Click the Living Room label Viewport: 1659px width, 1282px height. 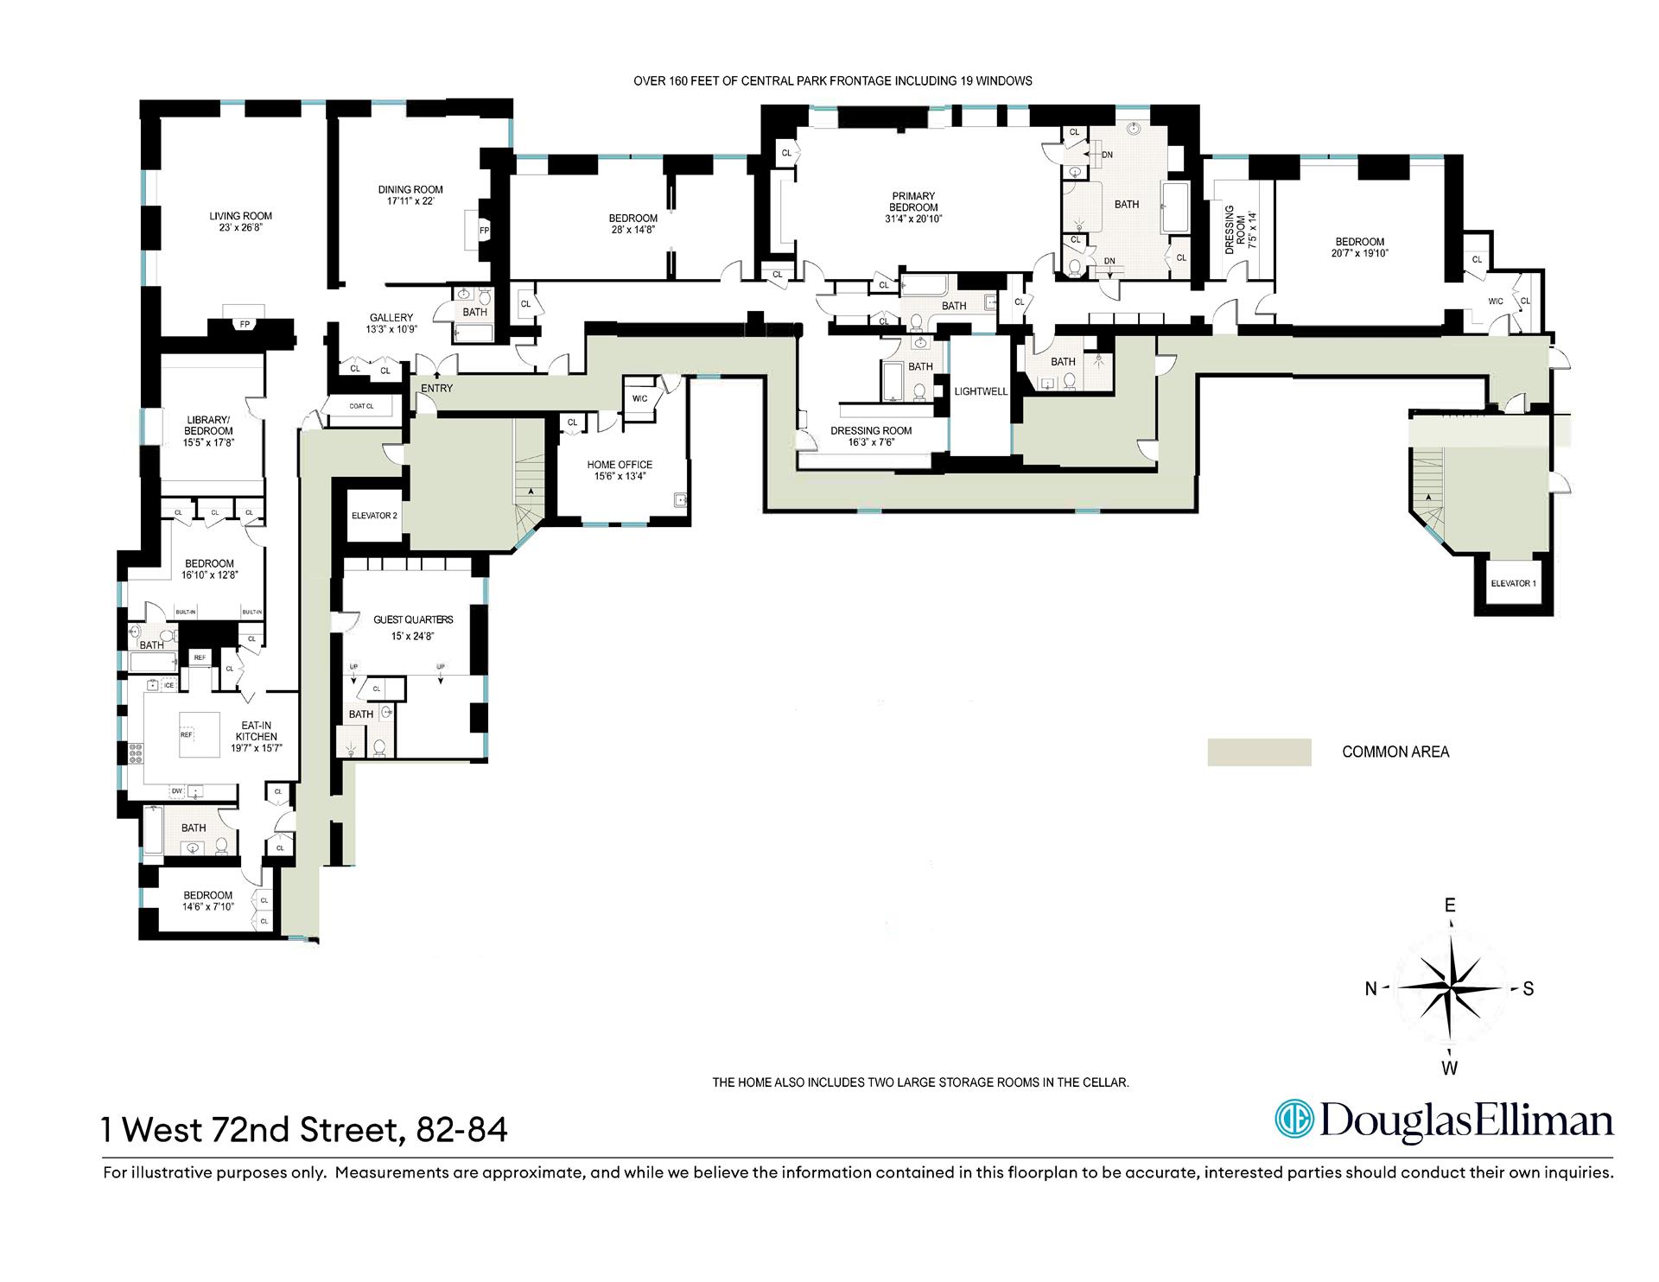tap(240, 217)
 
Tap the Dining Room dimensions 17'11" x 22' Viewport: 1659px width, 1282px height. tap(410, 201)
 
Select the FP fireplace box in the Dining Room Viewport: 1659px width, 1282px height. tap(484, 231)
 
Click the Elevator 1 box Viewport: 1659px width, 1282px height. tap(1513, 584)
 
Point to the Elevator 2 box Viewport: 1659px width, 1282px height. tap(374, 516)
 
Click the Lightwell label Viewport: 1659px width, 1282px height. tap(981, 391)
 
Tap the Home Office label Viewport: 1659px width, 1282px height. tap(620, 465)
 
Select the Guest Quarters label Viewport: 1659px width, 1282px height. tap(413, 619)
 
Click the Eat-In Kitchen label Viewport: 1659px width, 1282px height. tap(257, 731)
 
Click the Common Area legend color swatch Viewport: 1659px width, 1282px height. tap(1259, 752)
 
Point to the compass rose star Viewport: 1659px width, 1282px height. tap(1450, 988)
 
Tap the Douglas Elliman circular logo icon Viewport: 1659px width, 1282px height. tap(1294, 1121)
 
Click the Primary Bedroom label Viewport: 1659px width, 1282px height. tap(913, 202)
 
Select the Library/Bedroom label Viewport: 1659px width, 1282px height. tap(208, 426)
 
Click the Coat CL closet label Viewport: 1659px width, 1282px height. tap(362, 406)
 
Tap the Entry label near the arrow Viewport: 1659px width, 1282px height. tap(436, 388)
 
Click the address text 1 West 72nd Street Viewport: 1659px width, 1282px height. tap(251, 1129)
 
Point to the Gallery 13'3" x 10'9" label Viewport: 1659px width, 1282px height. tap(391, 323)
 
